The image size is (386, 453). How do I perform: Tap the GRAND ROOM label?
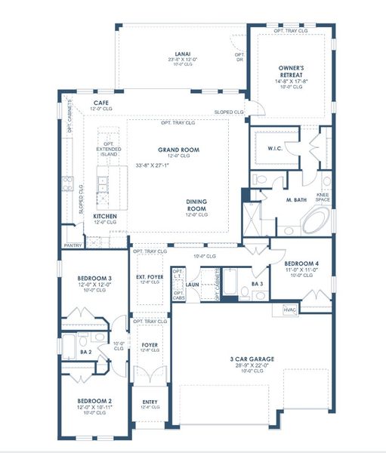click(178, 150)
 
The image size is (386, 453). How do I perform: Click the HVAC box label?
click(289, 310)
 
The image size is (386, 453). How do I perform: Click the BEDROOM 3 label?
click(94, 279)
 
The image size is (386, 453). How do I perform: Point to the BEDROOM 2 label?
click(94, 401)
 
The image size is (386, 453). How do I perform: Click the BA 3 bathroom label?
click(258, 284)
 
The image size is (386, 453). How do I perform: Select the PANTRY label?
click(73, 245)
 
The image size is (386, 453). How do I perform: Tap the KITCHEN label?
click(105, 216)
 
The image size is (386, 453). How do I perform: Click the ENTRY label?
click(149, 401)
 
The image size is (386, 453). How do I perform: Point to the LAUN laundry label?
click(193, 285)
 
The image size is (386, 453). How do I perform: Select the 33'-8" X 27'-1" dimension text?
click(158, 165)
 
